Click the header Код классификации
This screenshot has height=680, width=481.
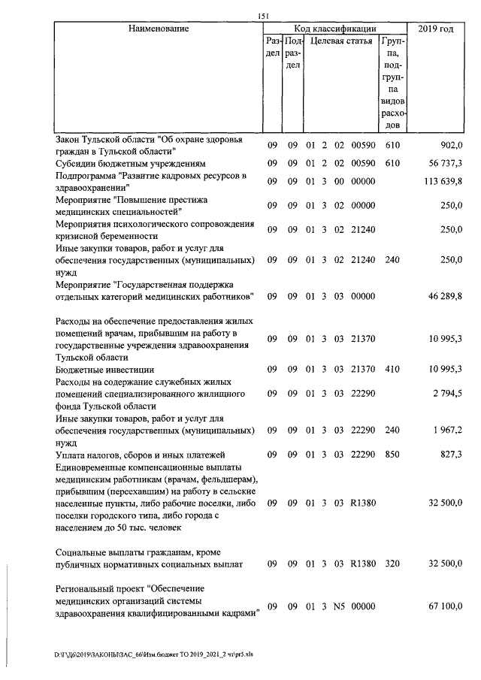click(x=336, y=29)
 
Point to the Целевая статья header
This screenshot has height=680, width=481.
click(x=341, y=41)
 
